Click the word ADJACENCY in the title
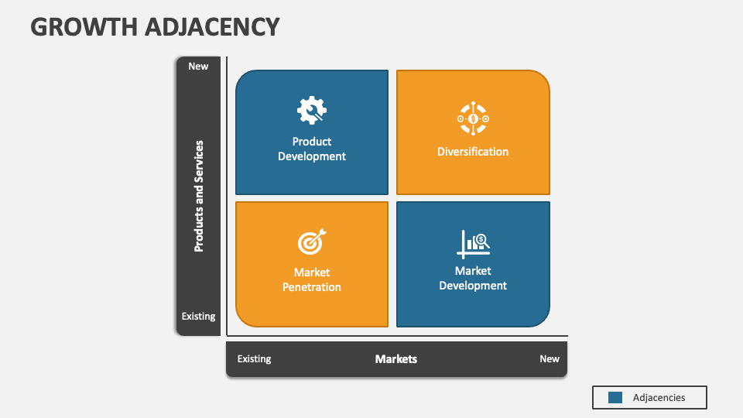pos(212,26)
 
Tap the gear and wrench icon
pos(311,111)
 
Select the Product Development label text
pos(312,149)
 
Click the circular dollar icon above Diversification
pos(473,118)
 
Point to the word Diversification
pos(473,152)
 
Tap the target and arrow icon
pos(312,242)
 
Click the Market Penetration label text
pos(312,279)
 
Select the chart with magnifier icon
pos(473,243)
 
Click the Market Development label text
pos(473,278)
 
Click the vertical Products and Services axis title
pos(199,196)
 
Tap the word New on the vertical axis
pos(198,66)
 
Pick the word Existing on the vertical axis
pos(199,316)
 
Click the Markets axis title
pos(396,359)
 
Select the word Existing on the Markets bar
pos(254,359)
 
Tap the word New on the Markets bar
pos(550,359)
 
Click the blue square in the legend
pos(615,397)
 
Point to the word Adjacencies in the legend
pos(659,397)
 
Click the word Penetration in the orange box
pos(312,287)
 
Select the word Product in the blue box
pos(312,142)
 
